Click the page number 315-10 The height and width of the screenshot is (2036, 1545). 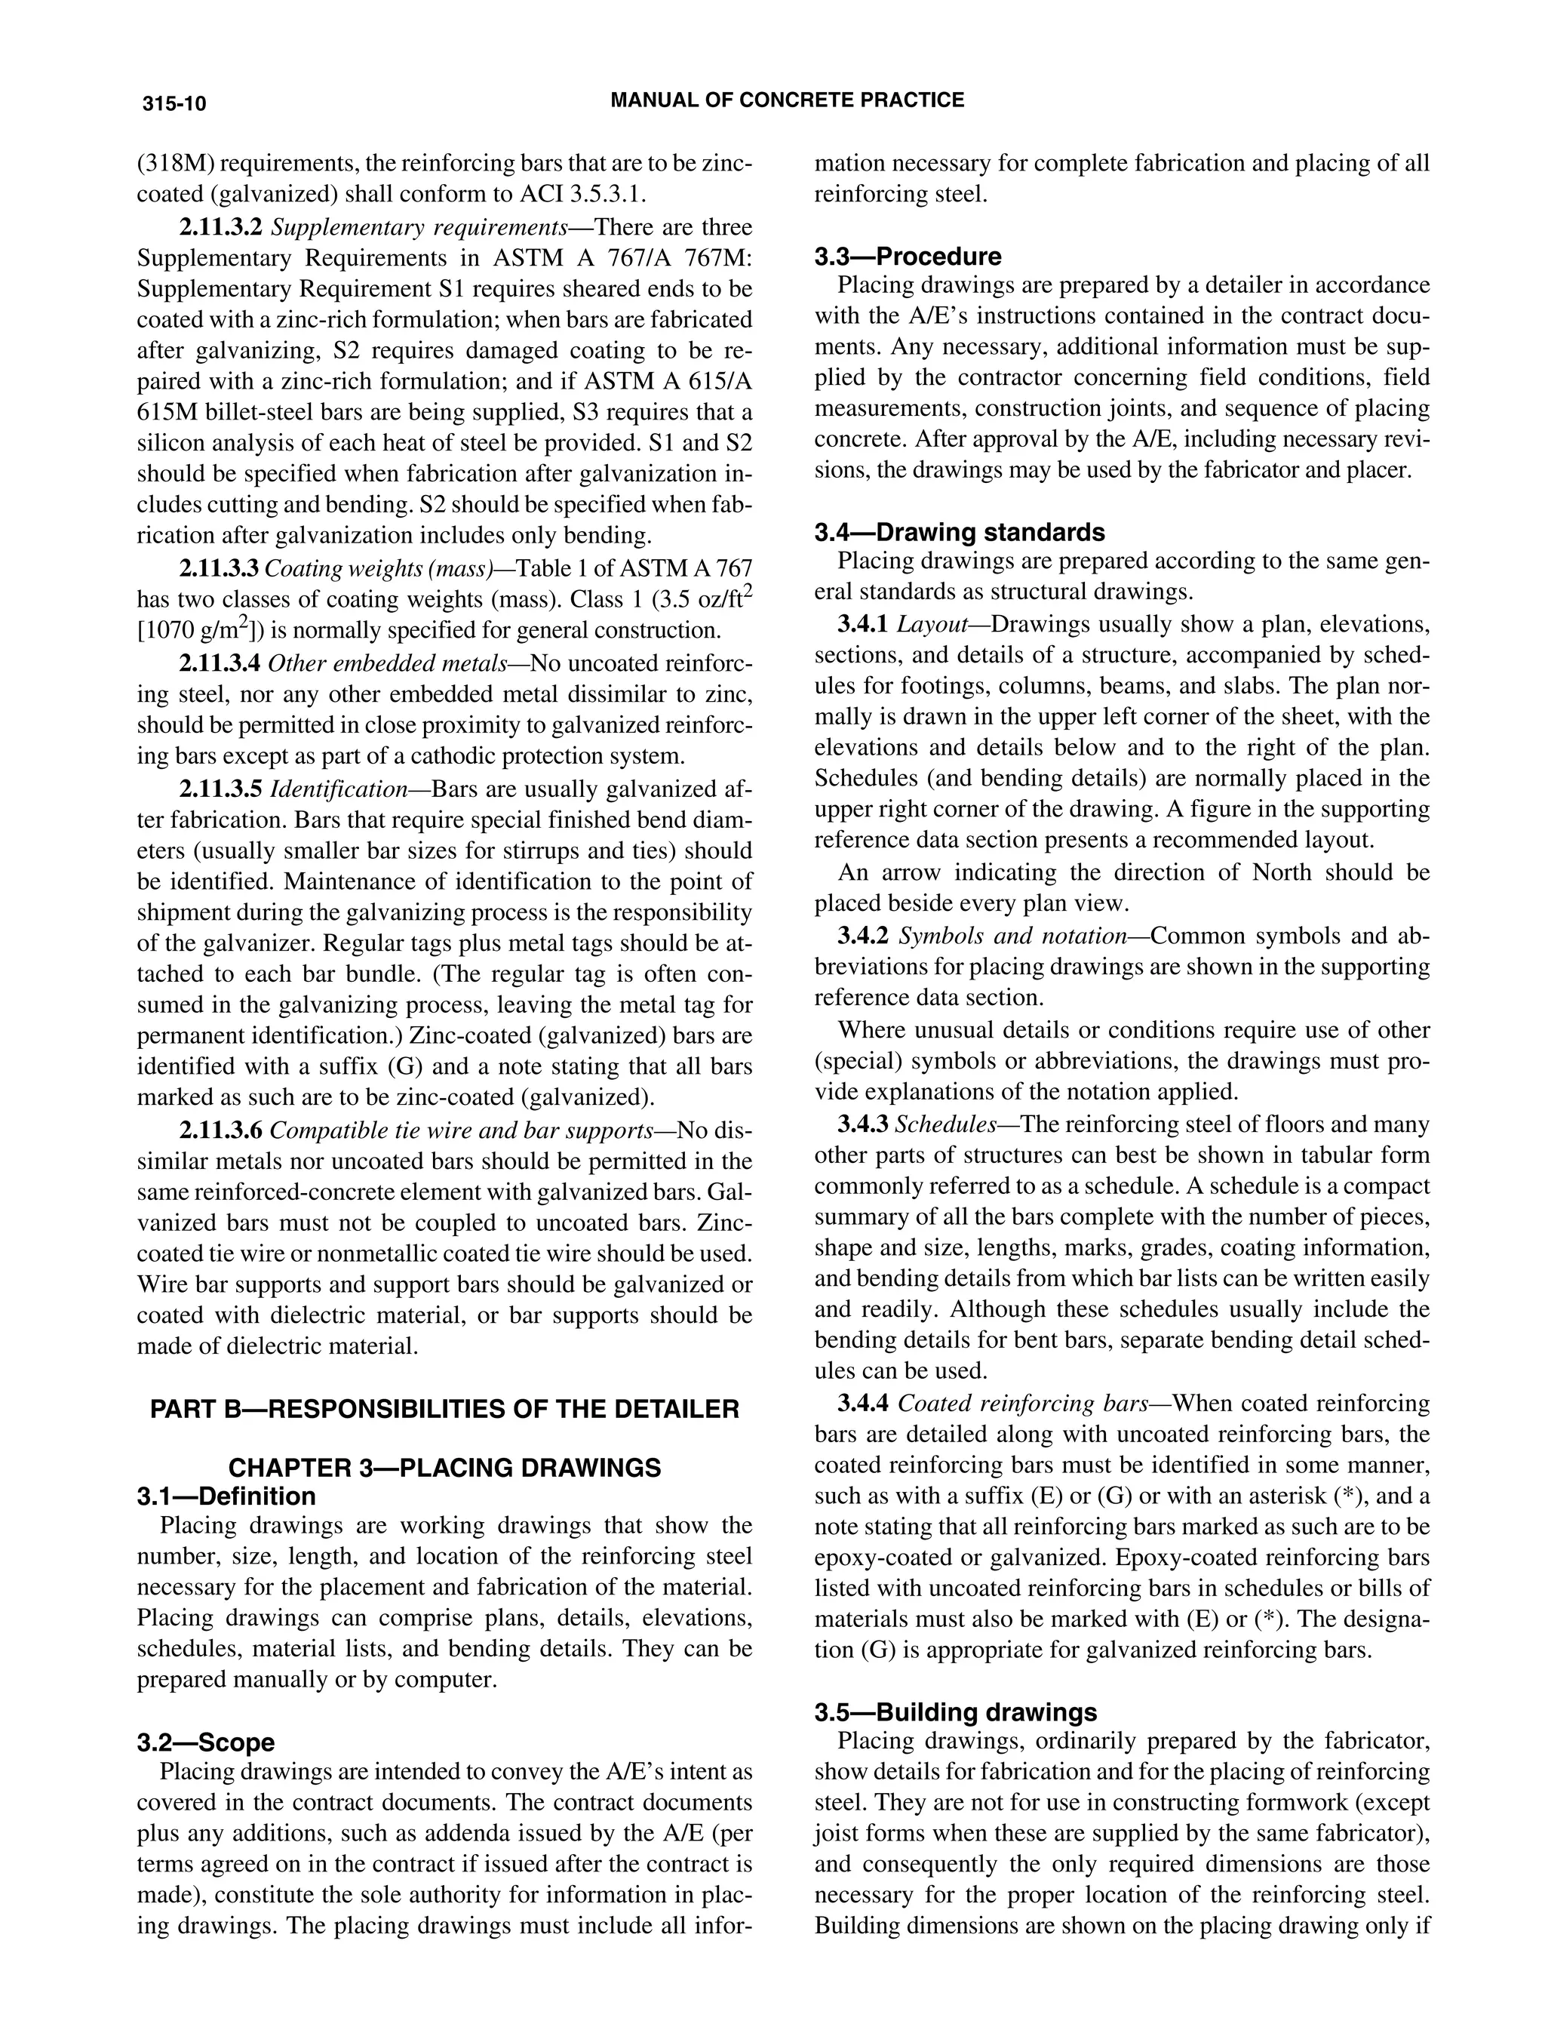[x=174, y=103]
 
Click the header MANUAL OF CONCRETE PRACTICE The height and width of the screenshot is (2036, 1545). [x=787, y=100]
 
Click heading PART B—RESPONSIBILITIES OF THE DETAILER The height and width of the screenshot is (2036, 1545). [x=444, y=1409]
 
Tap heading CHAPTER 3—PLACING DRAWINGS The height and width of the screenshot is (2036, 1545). [x=444, y=1468]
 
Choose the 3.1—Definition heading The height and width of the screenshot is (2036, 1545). [x=226, y=1496]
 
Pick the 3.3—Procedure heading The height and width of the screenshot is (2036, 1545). [x=908, y=256]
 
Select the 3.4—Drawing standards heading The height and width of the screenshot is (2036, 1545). [x=960, y=532]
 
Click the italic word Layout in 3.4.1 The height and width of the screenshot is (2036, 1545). [x=931, y=625]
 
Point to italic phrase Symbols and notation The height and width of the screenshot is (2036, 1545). [x=1012, y=936]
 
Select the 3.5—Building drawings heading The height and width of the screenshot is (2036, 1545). [x=955, y=1712]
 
